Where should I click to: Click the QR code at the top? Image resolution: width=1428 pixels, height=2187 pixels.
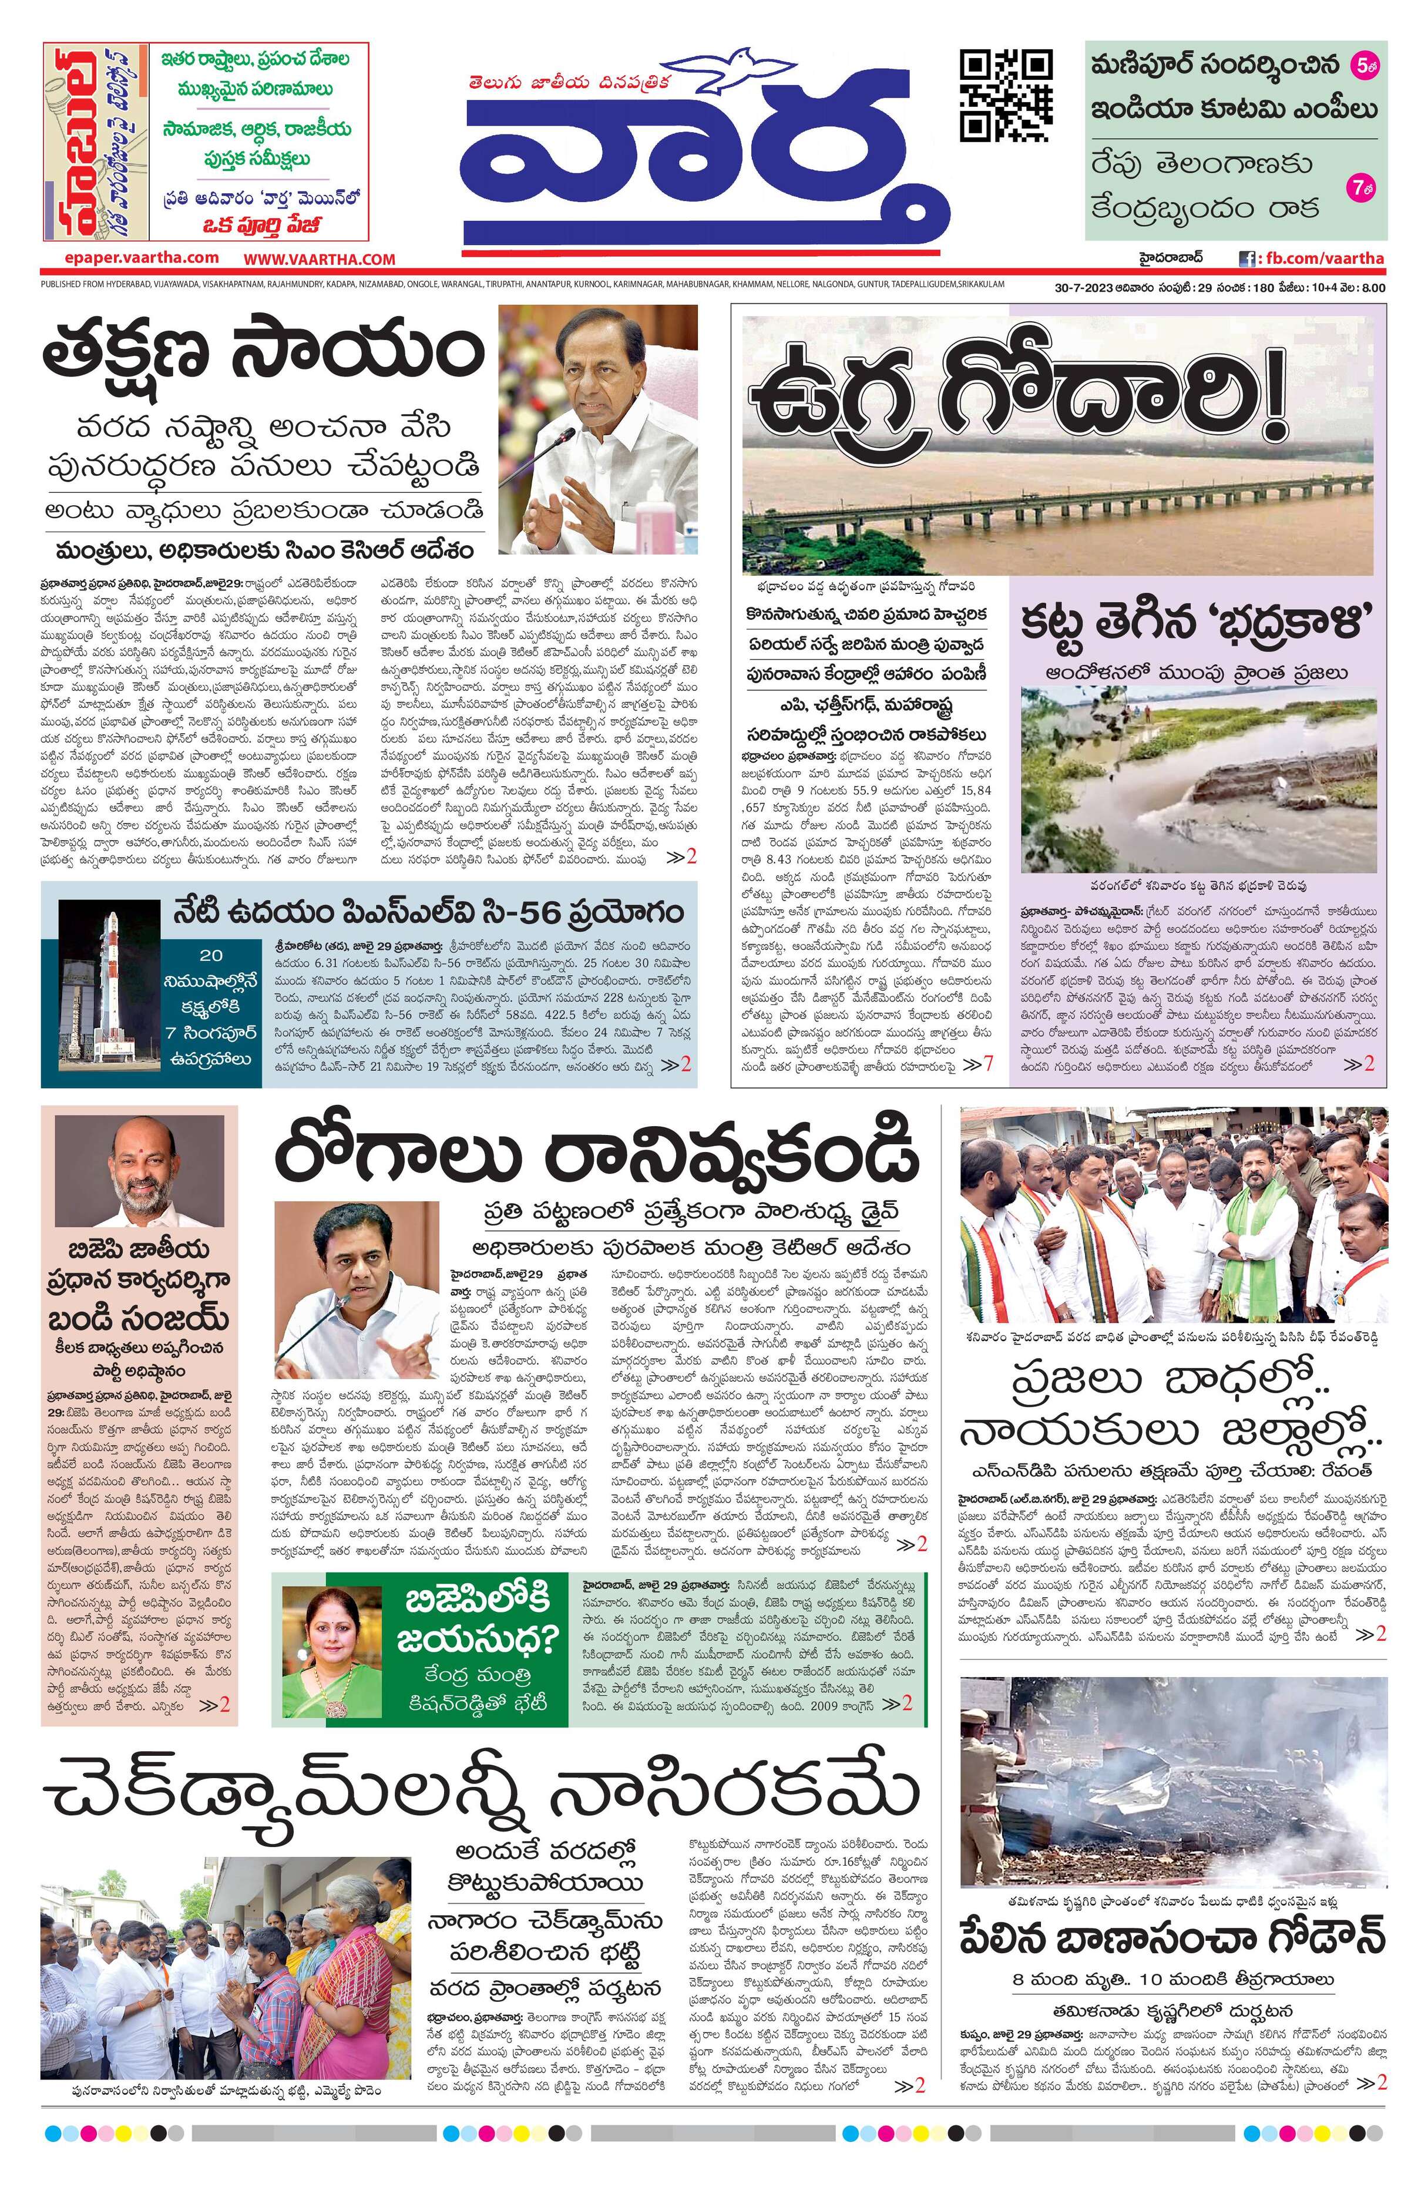click(x=1006, y=96)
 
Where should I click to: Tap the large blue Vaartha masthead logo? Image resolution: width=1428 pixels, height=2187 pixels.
click(x=705, y=170)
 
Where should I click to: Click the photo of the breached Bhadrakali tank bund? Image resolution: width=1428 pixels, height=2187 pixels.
click(x=1198, y=780)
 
